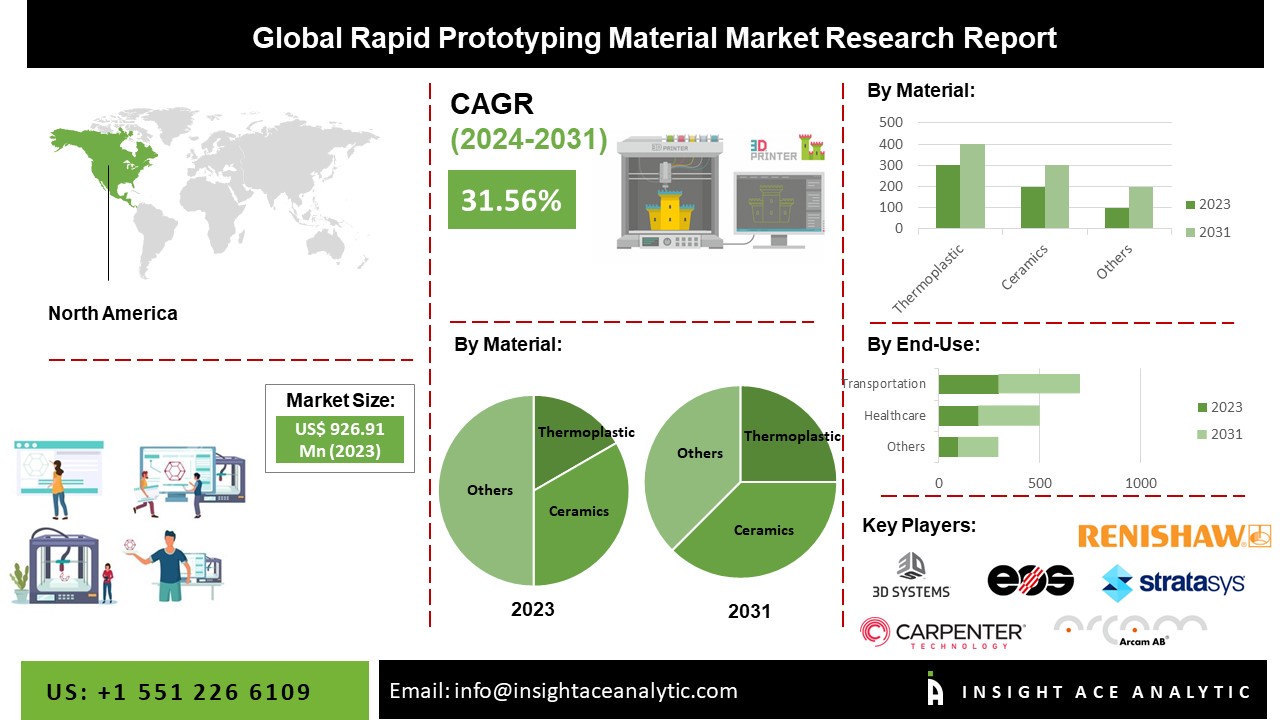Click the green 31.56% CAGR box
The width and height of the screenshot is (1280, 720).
(x=511, y=200)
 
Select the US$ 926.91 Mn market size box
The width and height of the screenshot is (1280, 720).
(x=340, y=440)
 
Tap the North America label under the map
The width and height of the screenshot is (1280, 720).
(x=113, y=313)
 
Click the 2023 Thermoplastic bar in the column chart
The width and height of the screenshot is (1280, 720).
(x=948, y=197)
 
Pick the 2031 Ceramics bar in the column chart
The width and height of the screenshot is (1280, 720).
(x=1057, y=197)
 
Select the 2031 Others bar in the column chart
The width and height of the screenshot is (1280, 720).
(x=1141, y=208)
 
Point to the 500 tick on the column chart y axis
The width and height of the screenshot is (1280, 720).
(x=890, y=122)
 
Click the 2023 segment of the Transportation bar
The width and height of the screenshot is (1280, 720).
(x=968, y=384)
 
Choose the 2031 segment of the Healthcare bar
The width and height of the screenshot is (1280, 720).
(x=1009, y=415)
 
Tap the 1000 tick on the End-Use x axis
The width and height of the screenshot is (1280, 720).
(x=1141, y=484)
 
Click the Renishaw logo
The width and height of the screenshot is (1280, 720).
(x=1174, y=536)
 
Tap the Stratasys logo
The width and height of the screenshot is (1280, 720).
(x=1173, y=582)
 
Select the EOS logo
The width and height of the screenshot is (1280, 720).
(x=1030, y=580)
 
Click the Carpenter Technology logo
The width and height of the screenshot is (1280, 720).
(x=942, y=633)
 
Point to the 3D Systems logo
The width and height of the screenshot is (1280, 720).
(x=911, y=576)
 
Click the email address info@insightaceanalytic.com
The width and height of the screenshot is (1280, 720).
(x=563, y=691)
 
